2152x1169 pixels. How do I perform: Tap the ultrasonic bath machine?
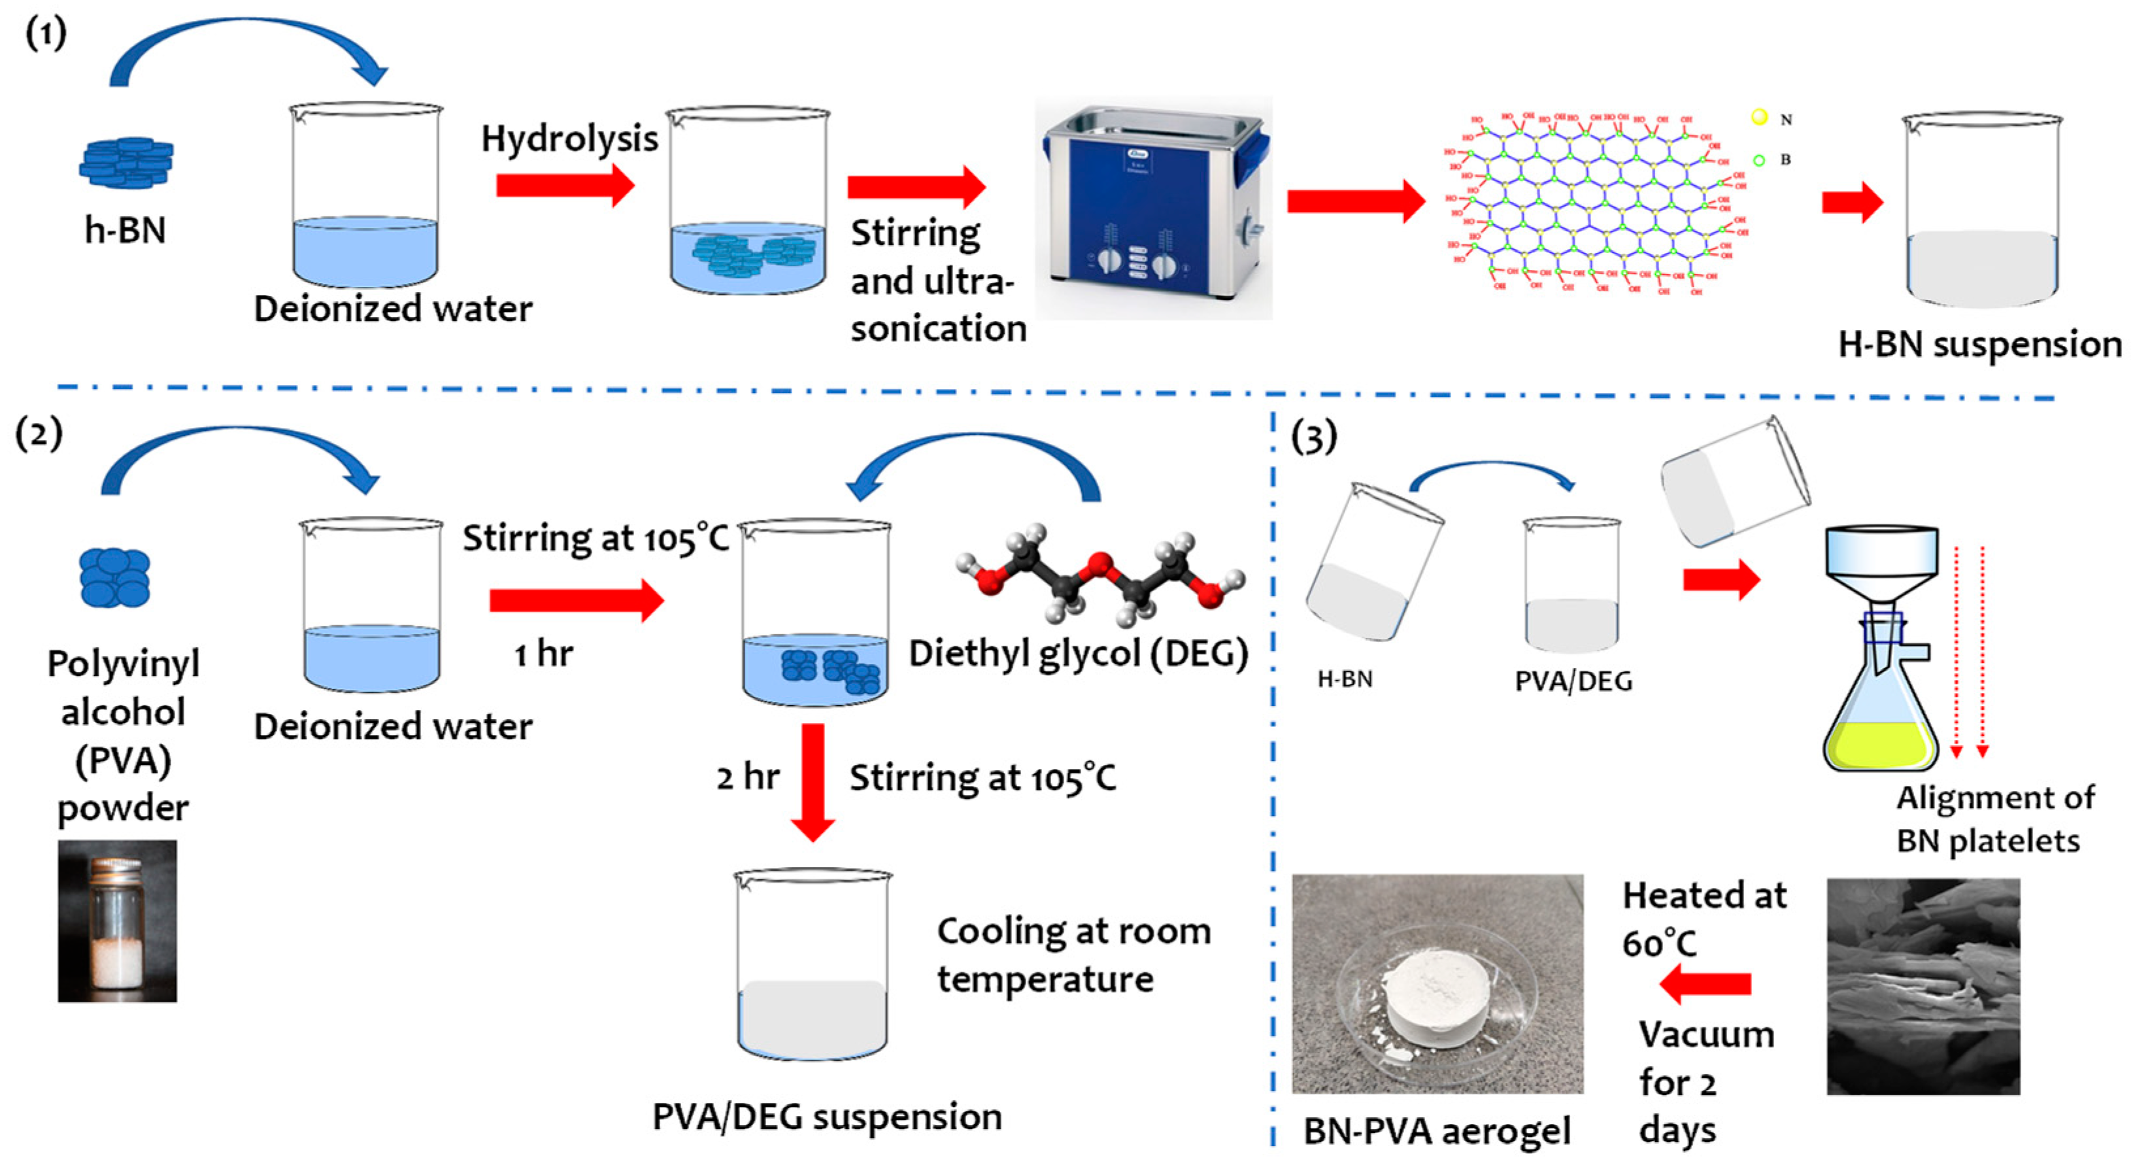pyautogui.click(x=1153, y=209)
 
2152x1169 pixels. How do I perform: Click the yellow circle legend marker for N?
pyautogui.click(x=1759, y=118)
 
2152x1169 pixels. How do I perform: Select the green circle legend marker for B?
pyautogui.click(x=1758, y=160)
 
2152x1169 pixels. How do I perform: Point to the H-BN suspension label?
pyautogui.click(x=1979, y=345)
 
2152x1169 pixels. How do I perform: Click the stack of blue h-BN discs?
pyautogui.click(x=126, y=163)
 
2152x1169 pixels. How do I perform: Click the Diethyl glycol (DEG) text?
pyautogui.click(x=1078, y=653)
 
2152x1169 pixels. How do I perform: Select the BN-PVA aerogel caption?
pyautogui.click(x=1437, y=1131)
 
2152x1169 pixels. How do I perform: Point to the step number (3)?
pyautogui.click(x=1313, y=437)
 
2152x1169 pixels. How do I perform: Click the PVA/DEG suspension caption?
pyautogui.click(x=827, y=1117)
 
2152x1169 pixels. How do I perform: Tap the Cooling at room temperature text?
pyautogui.click(x=1073, y=955)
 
